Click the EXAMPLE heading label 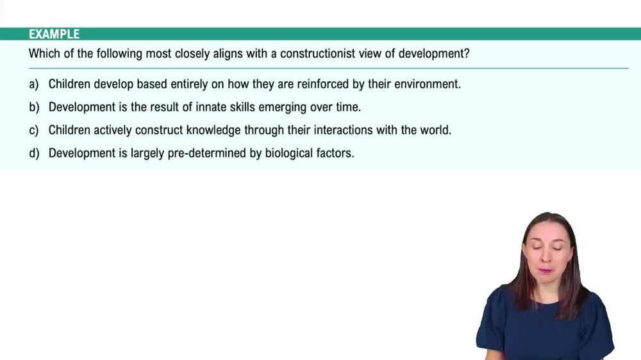[x=54, y=35]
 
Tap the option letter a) [x=34, y=84]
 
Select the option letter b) [x=34, y=107]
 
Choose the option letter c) [x=34, y=130]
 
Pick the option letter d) [x=34, y=153]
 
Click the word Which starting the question [x=44, y=54]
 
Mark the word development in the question [x=433, y=54]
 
